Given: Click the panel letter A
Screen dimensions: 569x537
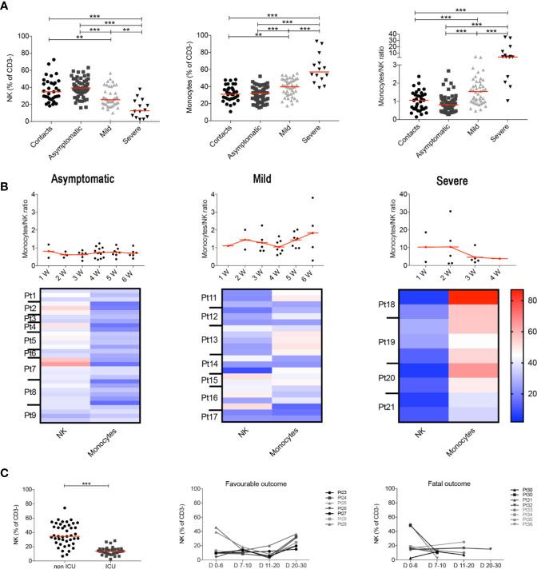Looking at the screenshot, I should tap(7, 7).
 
